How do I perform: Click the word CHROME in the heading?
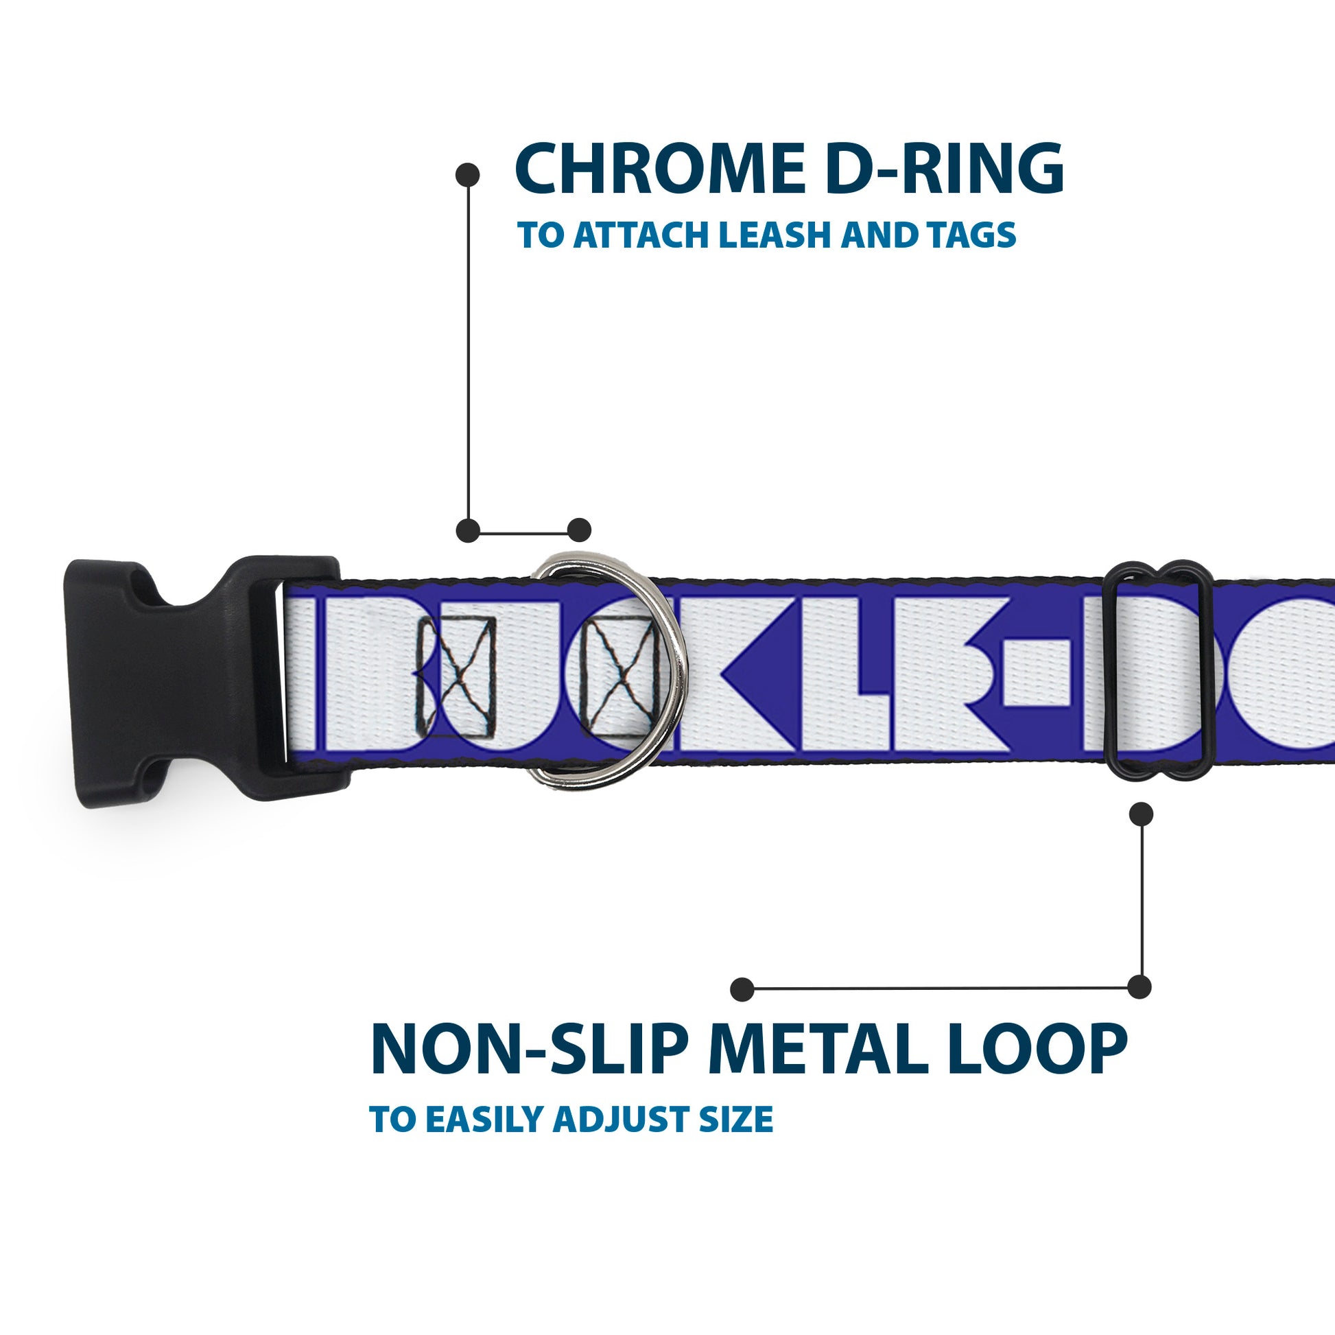click(x=657, y=169)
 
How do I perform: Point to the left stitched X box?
click(x=457, y=677)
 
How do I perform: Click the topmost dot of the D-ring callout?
click(x=468, y=175)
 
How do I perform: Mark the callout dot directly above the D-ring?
click(x=579, y=530)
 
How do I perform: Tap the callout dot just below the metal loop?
click(x=1141, y=814)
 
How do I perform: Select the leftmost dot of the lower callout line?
click(x=742, y=989)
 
